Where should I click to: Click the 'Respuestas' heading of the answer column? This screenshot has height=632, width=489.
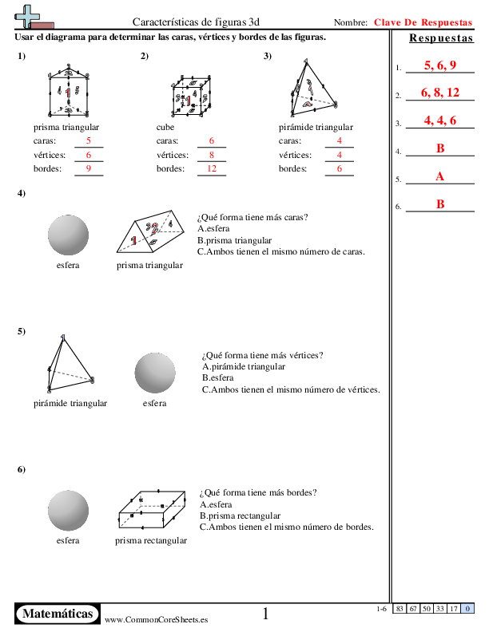click(x=439, y=39)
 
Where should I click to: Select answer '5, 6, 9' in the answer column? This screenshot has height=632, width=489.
click(x=440, y=65)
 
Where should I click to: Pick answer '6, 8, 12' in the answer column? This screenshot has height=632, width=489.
click(x=440, y=93)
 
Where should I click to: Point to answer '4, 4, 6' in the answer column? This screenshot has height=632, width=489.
click(x=440, y=120)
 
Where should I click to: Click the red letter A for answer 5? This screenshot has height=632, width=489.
click(x=440, y=176)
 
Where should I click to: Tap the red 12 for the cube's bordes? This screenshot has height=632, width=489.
click(x=212, y=168)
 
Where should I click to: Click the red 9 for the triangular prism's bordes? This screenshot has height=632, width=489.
click(x=89, y=168)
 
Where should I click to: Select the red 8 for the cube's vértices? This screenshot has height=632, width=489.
click(x=212, y=155)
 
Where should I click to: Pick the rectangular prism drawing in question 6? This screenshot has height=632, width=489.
click(x=151, y=510)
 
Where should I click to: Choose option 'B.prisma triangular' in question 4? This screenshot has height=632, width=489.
click(x=234, y=240)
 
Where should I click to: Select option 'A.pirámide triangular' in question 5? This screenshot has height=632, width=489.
click(x=244, y=366)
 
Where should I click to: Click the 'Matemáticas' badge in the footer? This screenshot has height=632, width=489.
click(x=58, y=614)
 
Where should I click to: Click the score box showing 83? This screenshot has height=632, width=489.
click(x=399, y=609)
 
